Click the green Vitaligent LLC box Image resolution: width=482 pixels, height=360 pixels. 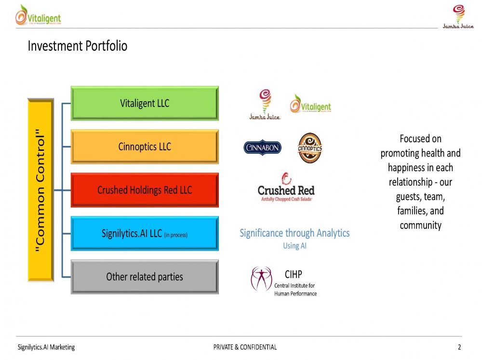coord(145,103)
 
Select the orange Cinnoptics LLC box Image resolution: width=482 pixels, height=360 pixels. coord(145,147)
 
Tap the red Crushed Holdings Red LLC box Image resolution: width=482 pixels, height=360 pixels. coord(145,190)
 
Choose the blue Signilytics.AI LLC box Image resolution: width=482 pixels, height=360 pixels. coord(145,233)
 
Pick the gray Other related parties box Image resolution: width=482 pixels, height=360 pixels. coord(145,277)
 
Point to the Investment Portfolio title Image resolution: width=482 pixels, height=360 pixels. coord(78,46)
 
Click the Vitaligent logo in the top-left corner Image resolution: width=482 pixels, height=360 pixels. coord(38,15)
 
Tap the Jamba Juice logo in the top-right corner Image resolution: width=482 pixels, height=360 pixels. coord(458,16)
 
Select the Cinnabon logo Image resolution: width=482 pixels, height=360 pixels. coord(263,148)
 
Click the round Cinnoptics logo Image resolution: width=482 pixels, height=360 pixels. coord(309,147)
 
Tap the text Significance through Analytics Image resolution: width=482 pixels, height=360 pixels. coord(295,233)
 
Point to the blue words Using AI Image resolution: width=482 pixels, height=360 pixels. coord(295,246)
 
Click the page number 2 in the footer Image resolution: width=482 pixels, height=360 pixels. coord(459,347)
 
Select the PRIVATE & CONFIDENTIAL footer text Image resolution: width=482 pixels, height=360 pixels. coord(245,347)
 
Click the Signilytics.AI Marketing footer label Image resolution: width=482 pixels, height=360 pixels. coord(46,347)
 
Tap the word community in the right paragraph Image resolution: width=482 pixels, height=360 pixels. coord(420,225)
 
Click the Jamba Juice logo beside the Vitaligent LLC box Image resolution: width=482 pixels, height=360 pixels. coord(264,104)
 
